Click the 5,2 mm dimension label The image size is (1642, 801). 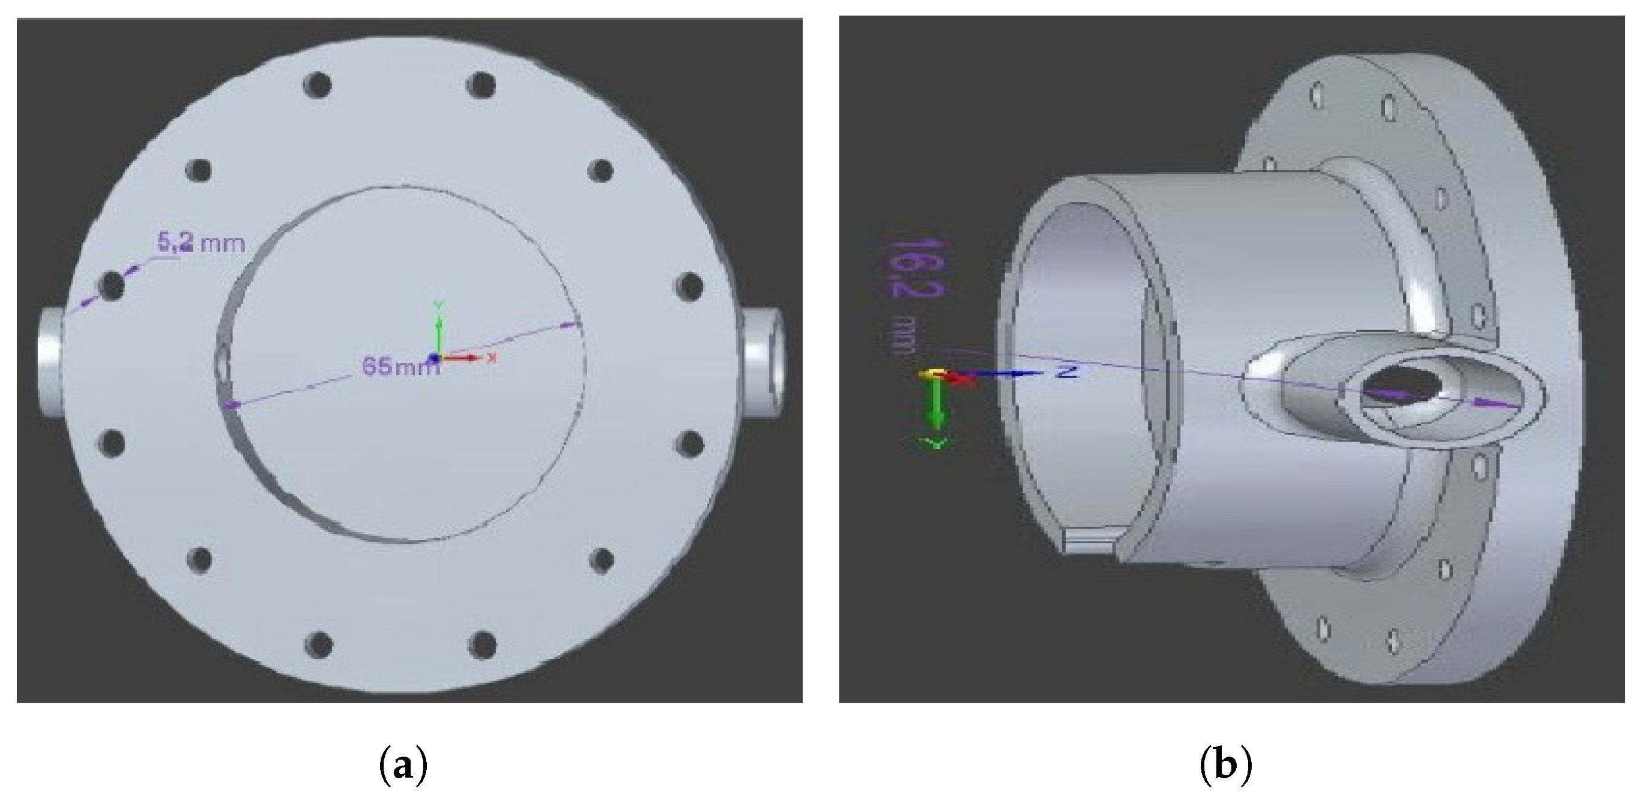[x=201, y=243]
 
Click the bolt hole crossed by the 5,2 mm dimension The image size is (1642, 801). [x=113, y=286]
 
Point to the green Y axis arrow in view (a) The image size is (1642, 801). [x=437, y=331]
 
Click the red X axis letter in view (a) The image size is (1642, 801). [x=491, y=358]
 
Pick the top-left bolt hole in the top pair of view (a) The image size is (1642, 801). [x=318, y=84]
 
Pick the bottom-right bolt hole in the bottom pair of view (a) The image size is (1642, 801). [x=482, y=644]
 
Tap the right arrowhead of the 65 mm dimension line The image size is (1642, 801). [x=570, y=324]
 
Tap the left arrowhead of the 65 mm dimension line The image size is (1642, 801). [x=231, y=404]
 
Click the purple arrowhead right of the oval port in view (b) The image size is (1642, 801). [x=1492, y=403]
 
